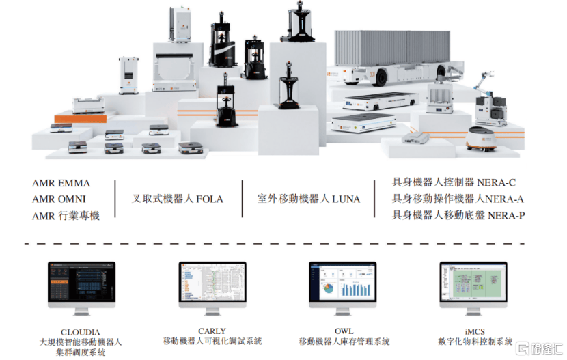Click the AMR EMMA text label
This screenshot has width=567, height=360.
pos(61,184)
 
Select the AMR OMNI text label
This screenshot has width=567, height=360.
pos(59,199)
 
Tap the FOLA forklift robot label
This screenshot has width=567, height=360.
pos(178,199)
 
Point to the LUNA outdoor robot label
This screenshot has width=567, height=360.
pos(309,199)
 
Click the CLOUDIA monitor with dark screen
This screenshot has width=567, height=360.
pos(81,283)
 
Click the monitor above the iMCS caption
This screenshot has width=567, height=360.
pos(474,283)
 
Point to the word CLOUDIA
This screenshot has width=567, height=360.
pos(81,331)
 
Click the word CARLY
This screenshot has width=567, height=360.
pos(212,331)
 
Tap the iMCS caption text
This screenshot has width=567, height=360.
pos(475,331)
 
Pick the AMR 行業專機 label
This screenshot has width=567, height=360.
pos(66,216)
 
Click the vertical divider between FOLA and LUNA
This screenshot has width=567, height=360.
pos(243,199)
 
